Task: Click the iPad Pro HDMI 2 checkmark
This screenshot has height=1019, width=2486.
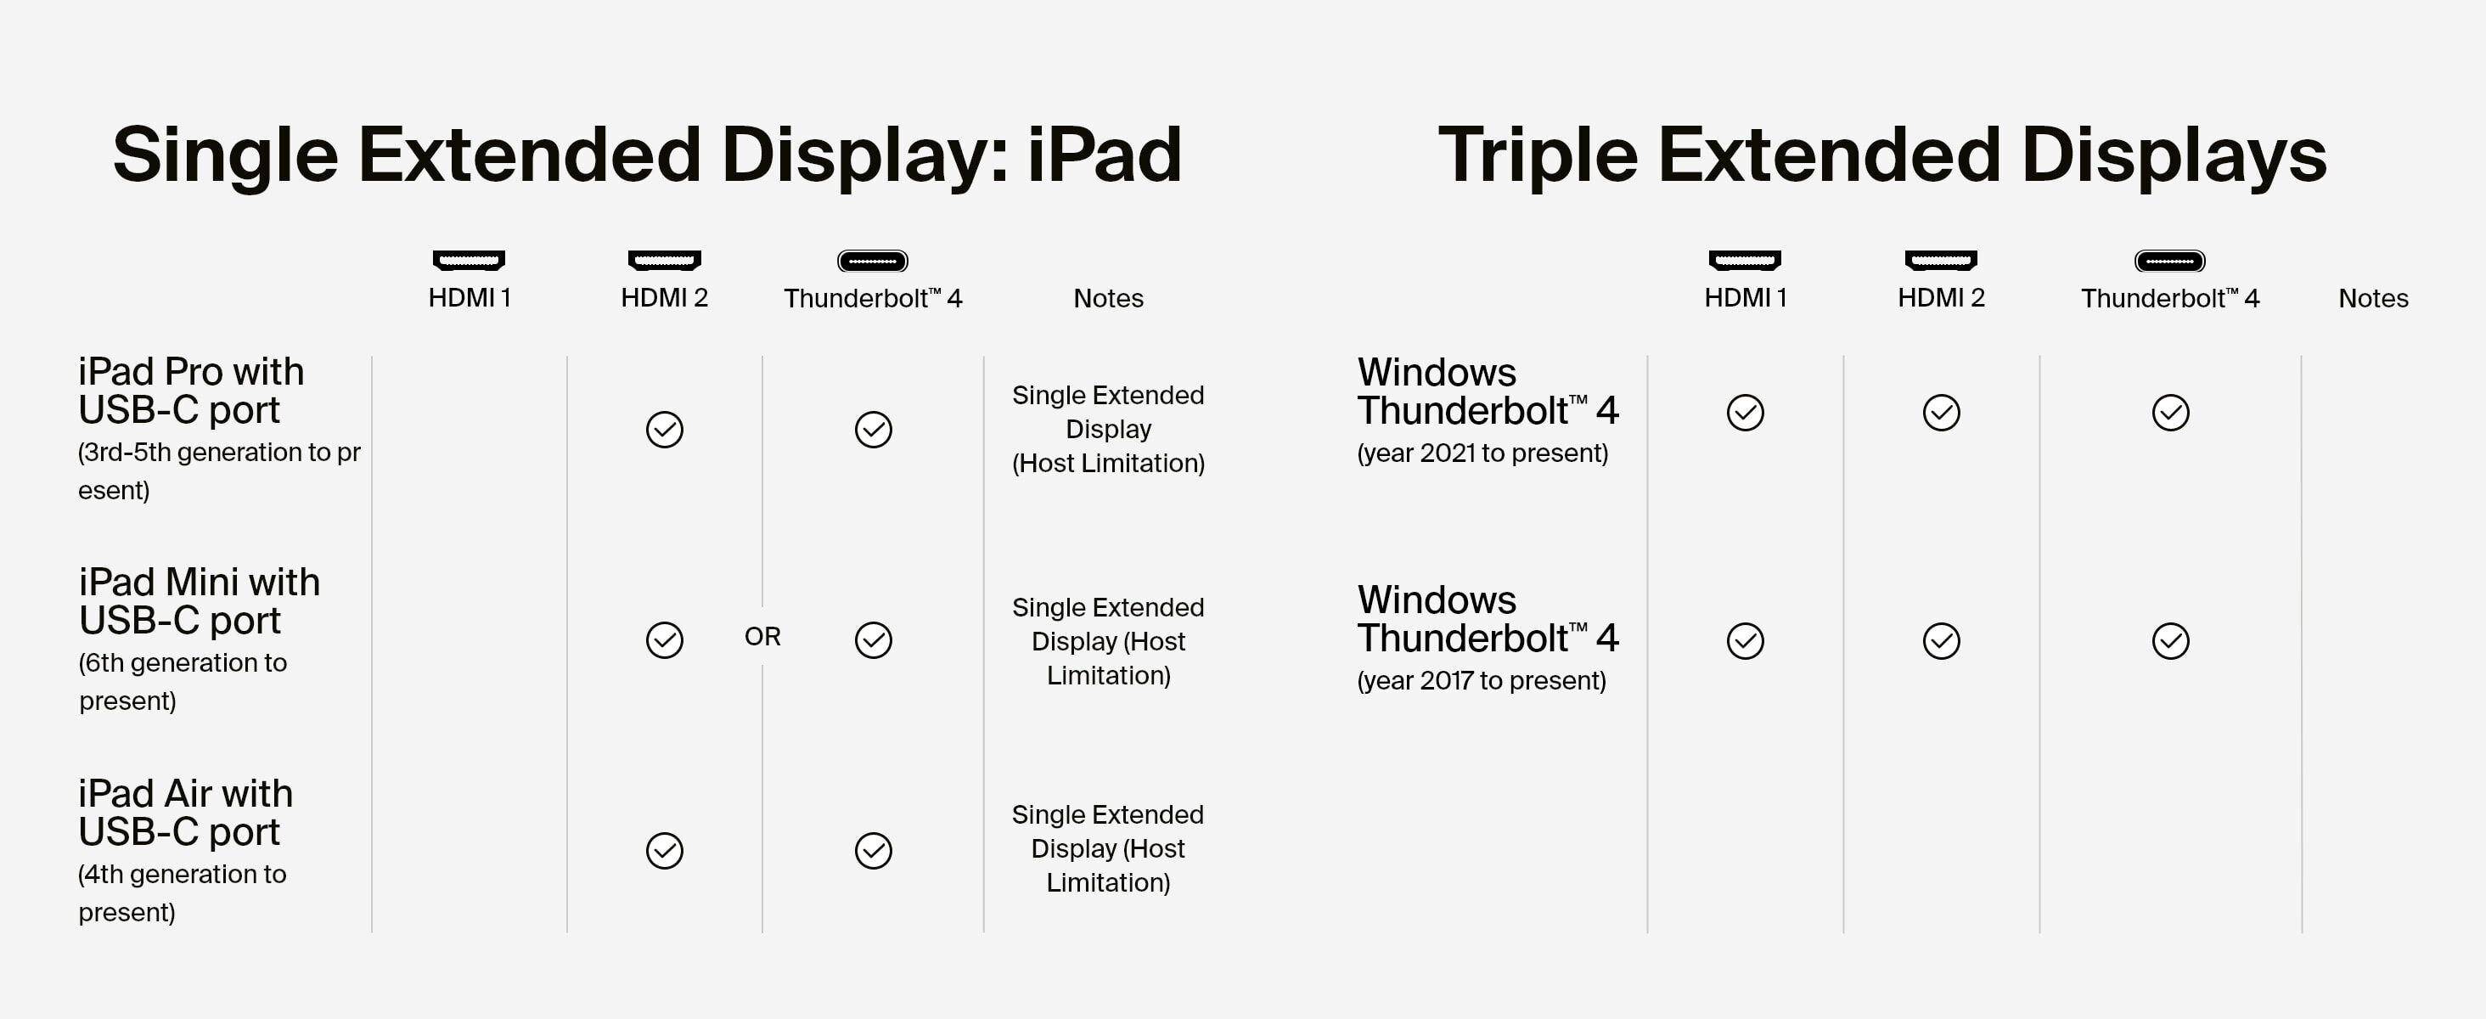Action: tap(664, 430)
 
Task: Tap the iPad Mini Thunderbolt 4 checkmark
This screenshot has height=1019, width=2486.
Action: tap(874, 639)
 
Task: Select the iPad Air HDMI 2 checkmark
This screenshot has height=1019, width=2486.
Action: tap(664, 850)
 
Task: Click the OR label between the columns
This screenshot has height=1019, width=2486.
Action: tap(762, 637)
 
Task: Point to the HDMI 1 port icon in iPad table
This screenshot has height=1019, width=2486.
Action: tap(469, 260)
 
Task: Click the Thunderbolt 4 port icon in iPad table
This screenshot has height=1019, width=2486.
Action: tap(873, 261)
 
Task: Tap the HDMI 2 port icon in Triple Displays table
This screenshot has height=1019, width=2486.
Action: tap(1941, 260)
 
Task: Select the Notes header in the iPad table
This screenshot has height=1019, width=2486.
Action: tap(1108, 298)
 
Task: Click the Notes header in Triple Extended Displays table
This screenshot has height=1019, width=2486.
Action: tap(2373, 298)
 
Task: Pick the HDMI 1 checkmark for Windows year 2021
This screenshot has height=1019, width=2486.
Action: tap(1745, 412)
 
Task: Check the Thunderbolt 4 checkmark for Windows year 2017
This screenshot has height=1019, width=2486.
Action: tap(2170, 641)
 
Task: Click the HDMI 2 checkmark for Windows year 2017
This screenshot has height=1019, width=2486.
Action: tap(1941, 641)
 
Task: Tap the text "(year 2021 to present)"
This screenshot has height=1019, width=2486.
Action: tap(1482, 453)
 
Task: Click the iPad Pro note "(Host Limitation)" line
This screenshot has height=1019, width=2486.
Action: tap(1108, 463)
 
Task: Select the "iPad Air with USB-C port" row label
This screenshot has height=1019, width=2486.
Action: tap(185, 813)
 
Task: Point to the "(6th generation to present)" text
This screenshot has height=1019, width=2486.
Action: tap(183, 681)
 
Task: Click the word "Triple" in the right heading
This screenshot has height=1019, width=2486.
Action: tap(1538, 155)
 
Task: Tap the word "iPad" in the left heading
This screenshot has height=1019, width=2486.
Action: tap(1104, 155)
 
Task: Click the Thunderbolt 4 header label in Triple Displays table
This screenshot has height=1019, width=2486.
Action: tap(2169, 298)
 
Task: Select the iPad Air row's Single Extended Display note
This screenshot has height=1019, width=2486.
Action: tap(1108, 848)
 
